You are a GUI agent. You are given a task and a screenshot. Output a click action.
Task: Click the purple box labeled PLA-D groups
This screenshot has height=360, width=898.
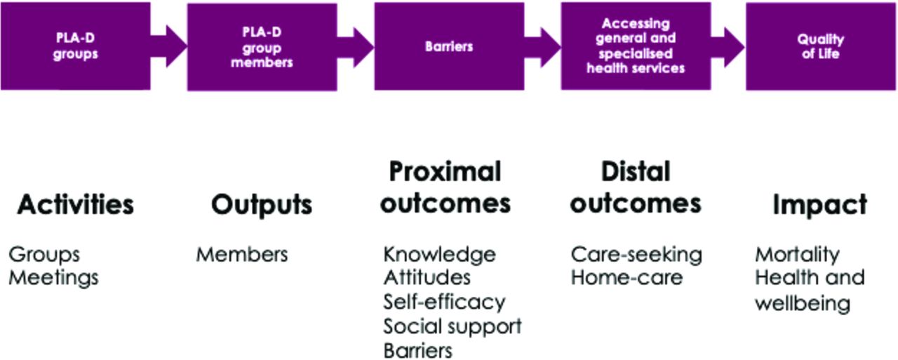pyautogui.click(x=75, y=46)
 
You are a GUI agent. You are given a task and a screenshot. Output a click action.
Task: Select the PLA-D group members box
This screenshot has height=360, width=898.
pyautogui.click(x=262, y=47)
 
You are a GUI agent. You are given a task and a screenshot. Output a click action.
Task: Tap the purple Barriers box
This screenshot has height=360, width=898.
pyautogui.click(x=450, y=46)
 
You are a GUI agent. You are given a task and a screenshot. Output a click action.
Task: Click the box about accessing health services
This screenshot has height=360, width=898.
pyautogui.click(x=636, y=46)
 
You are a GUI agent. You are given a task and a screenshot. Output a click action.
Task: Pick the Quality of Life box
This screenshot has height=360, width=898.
pyautogui.click(x=821, y=46)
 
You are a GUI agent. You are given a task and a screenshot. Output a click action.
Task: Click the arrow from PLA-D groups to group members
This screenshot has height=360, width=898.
pyautogui.click(x=169, y=46)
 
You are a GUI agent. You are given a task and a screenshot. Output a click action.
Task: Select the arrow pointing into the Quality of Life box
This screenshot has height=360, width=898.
pyautogui.click(x=728, y=47)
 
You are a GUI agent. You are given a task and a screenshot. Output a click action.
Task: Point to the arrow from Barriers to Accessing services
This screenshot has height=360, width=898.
pyautogui.click(x=542, y=47)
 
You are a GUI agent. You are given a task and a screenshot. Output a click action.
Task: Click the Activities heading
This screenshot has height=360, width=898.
pyautogui.click(x=75, y=204)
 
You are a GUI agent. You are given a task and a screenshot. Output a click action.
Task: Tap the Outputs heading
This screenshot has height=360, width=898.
pyautogui.click(x=262, y=205)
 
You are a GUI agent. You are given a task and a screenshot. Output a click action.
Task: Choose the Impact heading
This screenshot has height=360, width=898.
pyautogui.click(x=820, y=205)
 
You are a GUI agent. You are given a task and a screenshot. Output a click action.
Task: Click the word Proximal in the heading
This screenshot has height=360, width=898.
pyautogui.click(x=445, y=173)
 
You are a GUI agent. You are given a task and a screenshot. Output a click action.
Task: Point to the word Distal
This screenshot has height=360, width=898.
pyautogui.click(x=636, y=172)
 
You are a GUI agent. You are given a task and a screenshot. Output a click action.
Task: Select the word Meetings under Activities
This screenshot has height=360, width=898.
pyautogui.click(x=54, y=278)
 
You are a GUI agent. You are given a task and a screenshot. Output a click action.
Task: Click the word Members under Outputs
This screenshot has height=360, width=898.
pyautogui.click(x=242, y=254)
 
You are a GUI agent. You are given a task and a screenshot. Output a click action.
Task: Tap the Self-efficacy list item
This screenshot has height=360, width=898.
pyautogui.click(x=444, y=302)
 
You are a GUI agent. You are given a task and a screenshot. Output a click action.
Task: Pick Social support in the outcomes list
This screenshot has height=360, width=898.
pyautogui.click(x=453, y=327)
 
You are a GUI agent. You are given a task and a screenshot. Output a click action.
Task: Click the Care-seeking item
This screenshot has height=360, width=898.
pyautogui.click(x=636, y=255)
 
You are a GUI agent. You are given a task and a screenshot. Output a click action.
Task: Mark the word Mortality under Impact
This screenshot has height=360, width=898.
pyautogui.click(x=798, y=255)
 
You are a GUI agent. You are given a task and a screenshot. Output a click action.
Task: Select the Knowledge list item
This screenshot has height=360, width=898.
pyautogui.click(x=440, y=255)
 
